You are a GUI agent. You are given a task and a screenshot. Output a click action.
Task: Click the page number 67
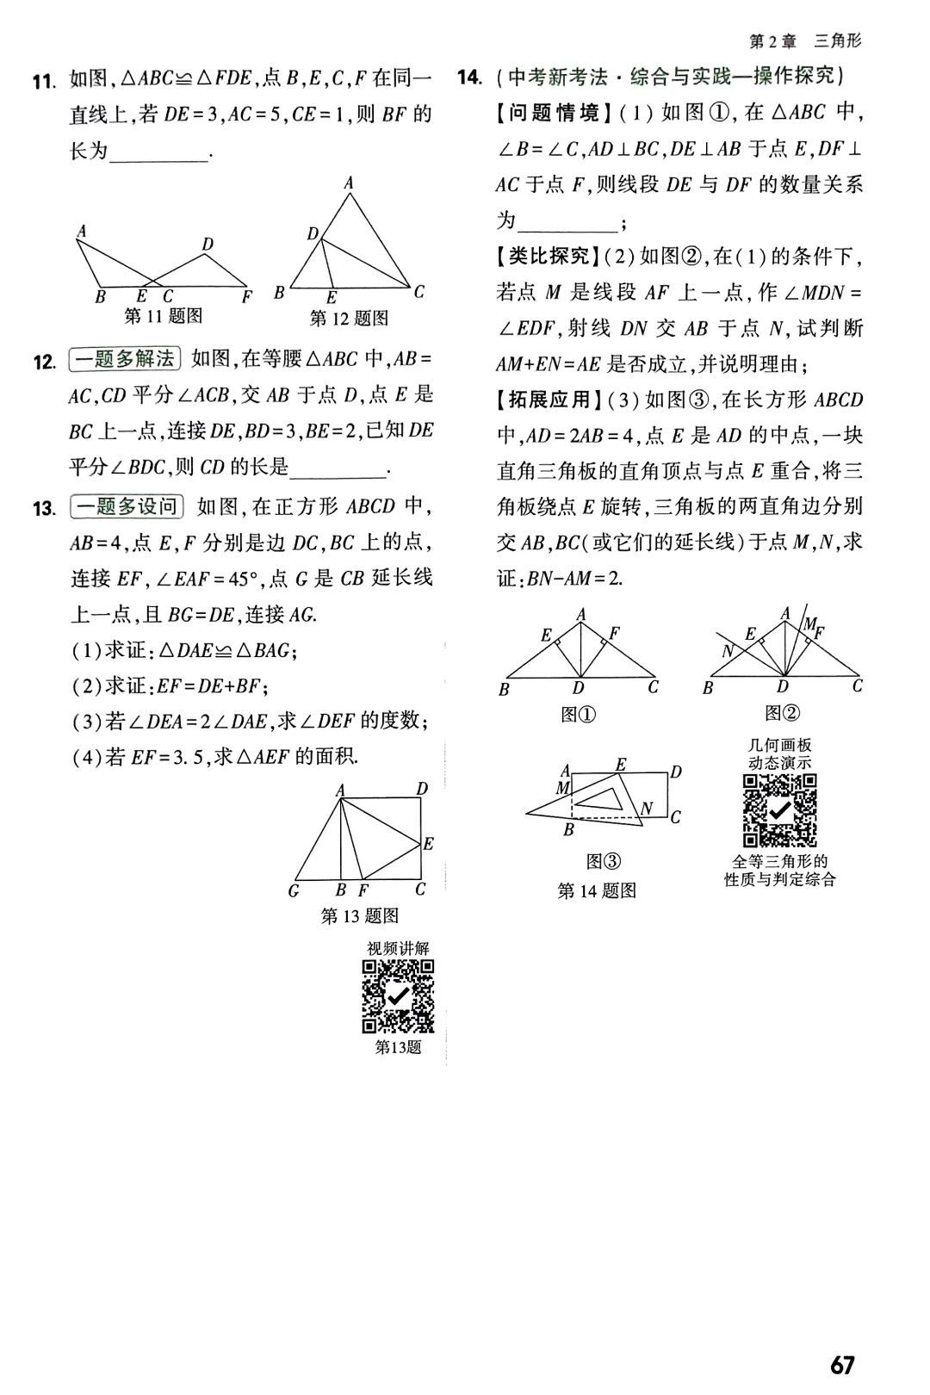[842, 1365]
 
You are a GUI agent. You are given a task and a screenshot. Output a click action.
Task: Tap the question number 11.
[43, 82]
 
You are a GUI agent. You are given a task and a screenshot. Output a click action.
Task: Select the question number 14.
[469, 77]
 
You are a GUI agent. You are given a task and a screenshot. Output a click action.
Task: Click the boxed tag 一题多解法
[123, 359]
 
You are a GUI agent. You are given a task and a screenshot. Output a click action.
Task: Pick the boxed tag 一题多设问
[126, 506]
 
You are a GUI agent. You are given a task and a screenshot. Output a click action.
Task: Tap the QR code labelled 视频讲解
[398, 996]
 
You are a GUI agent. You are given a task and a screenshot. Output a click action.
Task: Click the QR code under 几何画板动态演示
[779, 810]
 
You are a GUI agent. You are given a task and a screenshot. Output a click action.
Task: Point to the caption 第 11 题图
[164, 316]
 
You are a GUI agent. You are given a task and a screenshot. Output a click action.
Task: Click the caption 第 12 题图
[349, 319]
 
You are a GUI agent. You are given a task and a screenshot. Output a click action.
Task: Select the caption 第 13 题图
[359, 915]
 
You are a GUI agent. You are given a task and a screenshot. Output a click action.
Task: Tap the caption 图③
[603, 861]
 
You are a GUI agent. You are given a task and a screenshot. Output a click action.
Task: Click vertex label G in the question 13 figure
[294, 891]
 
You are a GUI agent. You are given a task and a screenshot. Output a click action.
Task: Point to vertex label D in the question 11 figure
[208, 245]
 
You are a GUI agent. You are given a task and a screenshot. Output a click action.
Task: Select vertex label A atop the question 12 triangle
[349, 183]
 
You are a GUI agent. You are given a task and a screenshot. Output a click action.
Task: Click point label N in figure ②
[728, 651]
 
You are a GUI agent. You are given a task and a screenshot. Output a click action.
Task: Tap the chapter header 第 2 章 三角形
[805, 40]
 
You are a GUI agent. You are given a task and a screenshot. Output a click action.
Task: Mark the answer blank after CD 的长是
[338, 469]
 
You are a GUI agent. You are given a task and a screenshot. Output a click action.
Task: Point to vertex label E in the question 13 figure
[428, 844]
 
